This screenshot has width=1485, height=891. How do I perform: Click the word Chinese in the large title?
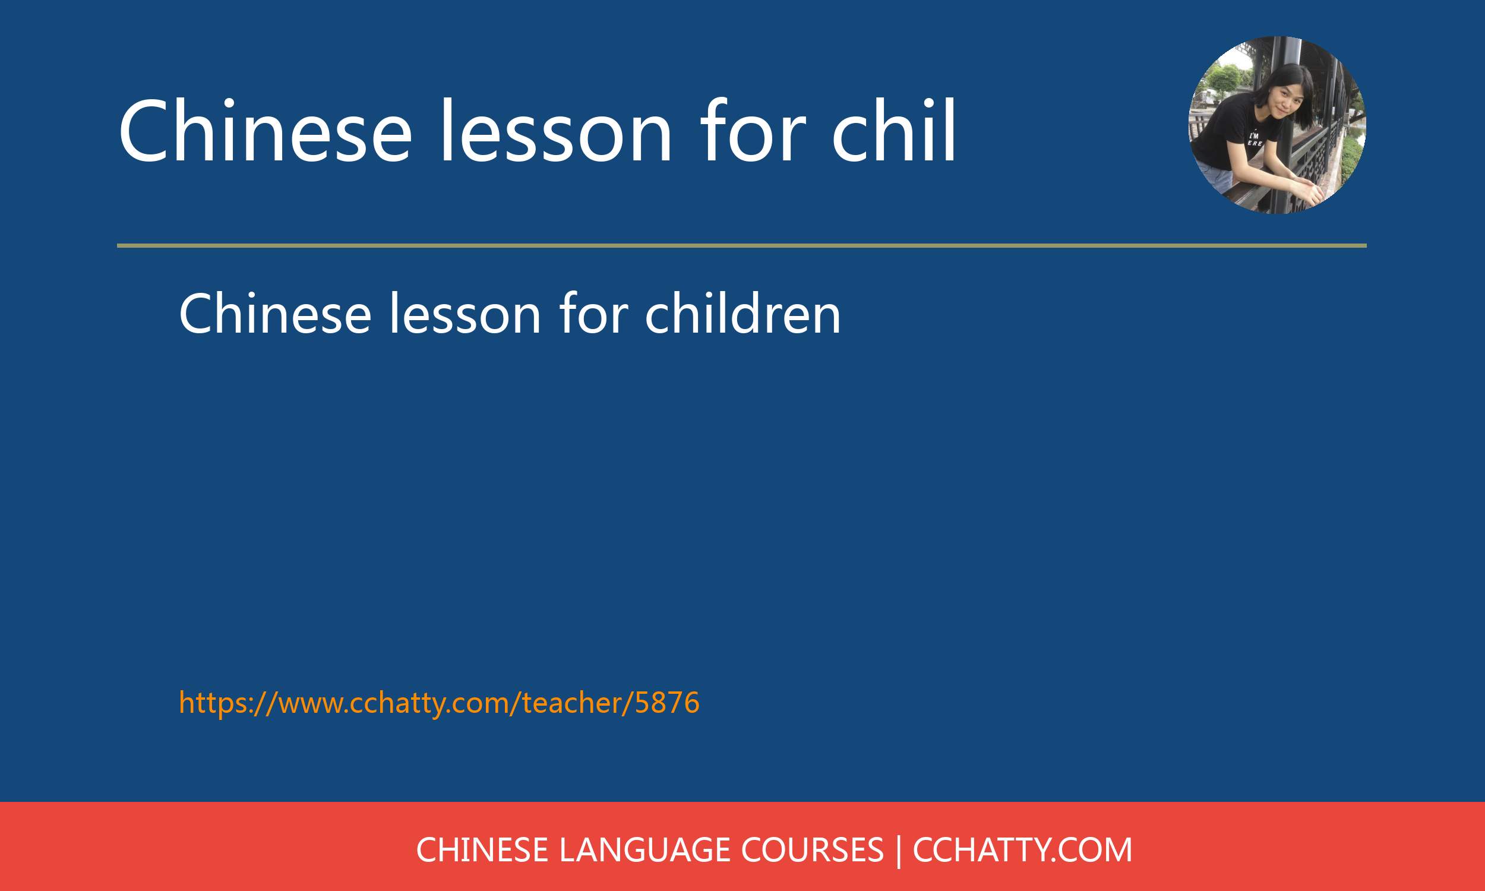click(265, 131)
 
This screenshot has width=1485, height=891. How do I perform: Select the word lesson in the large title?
click(556, 131)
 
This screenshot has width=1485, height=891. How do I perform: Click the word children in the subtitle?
click(742, 314)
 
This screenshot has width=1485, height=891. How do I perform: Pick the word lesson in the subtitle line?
click(465, 314)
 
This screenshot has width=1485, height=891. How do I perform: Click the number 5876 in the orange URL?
click(667, 703)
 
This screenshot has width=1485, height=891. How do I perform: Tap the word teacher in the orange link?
click(571, 703)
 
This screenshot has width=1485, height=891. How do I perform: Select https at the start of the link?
click(213, 703)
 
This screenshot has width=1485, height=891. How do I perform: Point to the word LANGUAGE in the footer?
click(645, 850)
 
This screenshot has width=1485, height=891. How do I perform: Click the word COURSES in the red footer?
click(812, 850)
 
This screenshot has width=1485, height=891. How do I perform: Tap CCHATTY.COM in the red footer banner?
click(1022, 850)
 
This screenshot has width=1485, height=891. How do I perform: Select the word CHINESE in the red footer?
click(482, 850)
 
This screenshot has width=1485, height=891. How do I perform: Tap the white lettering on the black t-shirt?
click(1255, 140)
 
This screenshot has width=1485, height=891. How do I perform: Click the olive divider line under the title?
click(742, 245)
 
